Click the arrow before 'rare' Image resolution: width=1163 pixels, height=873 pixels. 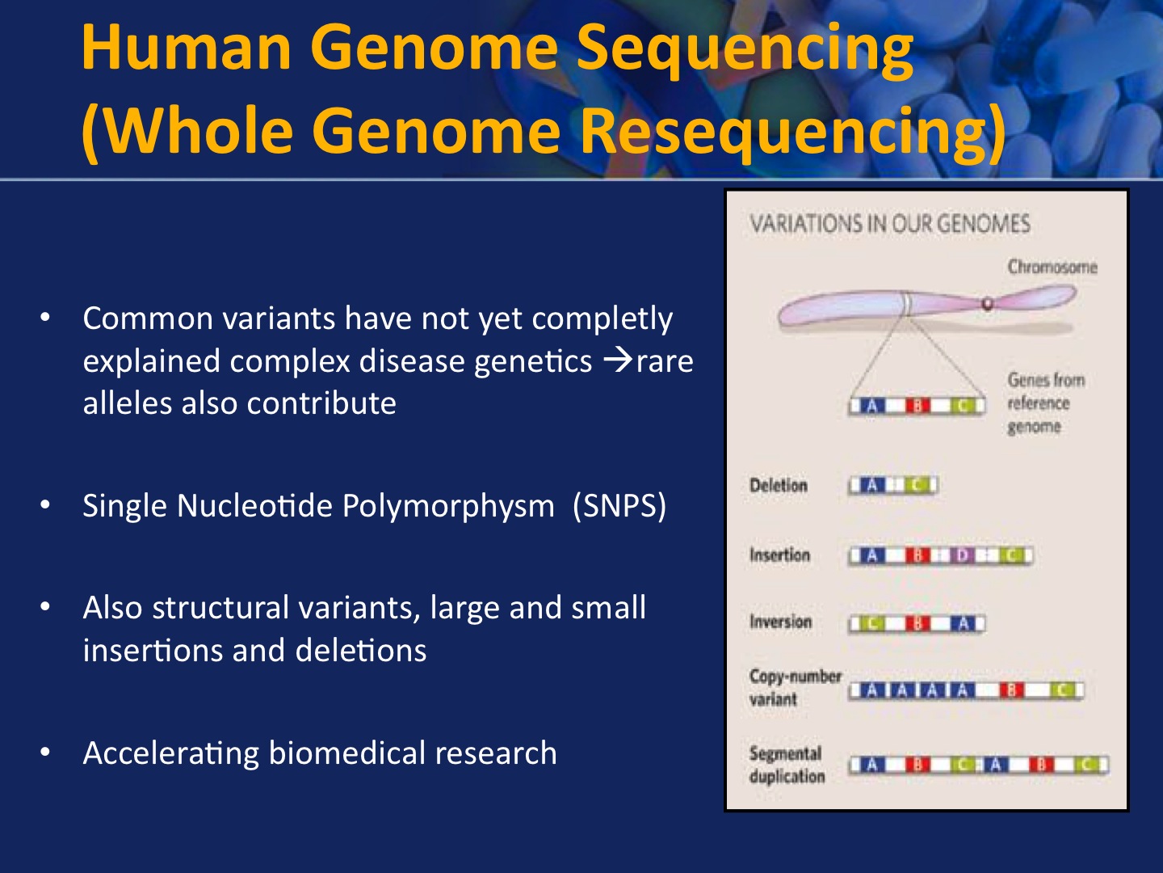click(618, 361)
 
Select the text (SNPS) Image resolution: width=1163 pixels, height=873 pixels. click(619, 506)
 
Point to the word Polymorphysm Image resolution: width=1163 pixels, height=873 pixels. click(447, 506)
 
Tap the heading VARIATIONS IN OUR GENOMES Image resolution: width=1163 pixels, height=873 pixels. click(889, 224)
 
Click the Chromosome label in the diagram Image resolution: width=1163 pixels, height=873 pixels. click(1052, 267)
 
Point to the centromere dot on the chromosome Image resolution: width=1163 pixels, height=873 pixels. click(987, 304)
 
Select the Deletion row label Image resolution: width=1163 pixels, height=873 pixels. click(778, 486)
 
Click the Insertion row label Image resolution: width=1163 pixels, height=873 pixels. click(779, 555)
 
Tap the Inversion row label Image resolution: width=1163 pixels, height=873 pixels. click(779, 622)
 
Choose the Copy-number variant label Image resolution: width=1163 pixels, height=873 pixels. click(795, 687)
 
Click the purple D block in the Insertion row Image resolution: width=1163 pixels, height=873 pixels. click(962, 556)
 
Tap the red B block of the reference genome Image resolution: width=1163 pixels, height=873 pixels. click(918, 406)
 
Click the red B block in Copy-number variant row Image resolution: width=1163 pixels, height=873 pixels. click(1012, 690)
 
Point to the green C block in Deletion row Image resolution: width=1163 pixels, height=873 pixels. click(916, 486)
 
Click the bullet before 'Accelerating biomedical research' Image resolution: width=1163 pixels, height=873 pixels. click(46, 753)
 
